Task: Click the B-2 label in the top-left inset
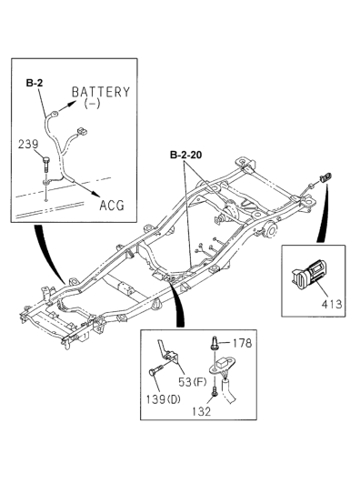click(x=35, y=84)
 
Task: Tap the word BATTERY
click(x=101, y=92)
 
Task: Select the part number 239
click(x=28, y=144)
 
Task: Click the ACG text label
click(x=112, y=206)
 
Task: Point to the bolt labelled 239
click(x=47, y=165)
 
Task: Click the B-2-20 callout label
click(x=186, y=155)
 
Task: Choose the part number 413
click(x=332, y=304)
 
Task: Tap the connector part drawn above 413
click(x=309, y=274)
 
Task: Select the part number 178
click(x=242, y=343)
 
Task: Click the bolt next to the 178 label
click(x=215, y=343)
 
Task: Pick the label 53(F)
click(x=193, y=382)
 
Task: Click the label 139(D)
click(x=163, y=399)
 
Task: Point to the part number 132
click(x=201, y=411)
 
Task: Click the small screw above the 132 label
click(x=214, y=392)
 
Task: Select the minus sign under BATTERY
click(x=92, y=104)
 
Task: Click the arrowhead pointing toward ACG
click(x=95, y=193)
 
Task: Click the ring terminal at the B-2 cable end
click(x=54, y=114)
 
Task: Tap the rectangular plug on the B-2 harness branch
click(x=82, y=132)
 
